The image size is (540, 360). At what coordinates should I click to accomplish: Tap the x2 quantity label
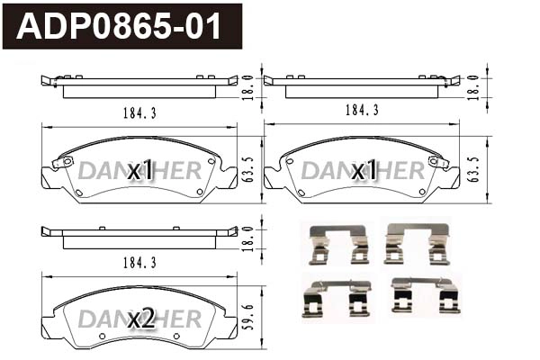pos(142,319)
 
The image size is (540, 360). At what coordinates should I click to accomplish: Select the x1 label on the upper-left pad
pos(142,170)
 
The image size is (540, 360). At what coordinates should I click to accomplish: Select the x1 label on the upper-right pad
pos(364,170)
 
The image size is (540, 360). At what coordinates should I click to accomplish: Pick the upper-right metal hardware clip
pos(417,243)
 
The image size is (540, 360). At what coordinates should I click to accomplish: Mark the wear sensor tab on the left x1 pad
pos(62,163)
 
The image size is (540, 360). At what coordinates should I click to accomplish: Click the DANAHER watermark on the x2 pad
pos(139,319)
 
